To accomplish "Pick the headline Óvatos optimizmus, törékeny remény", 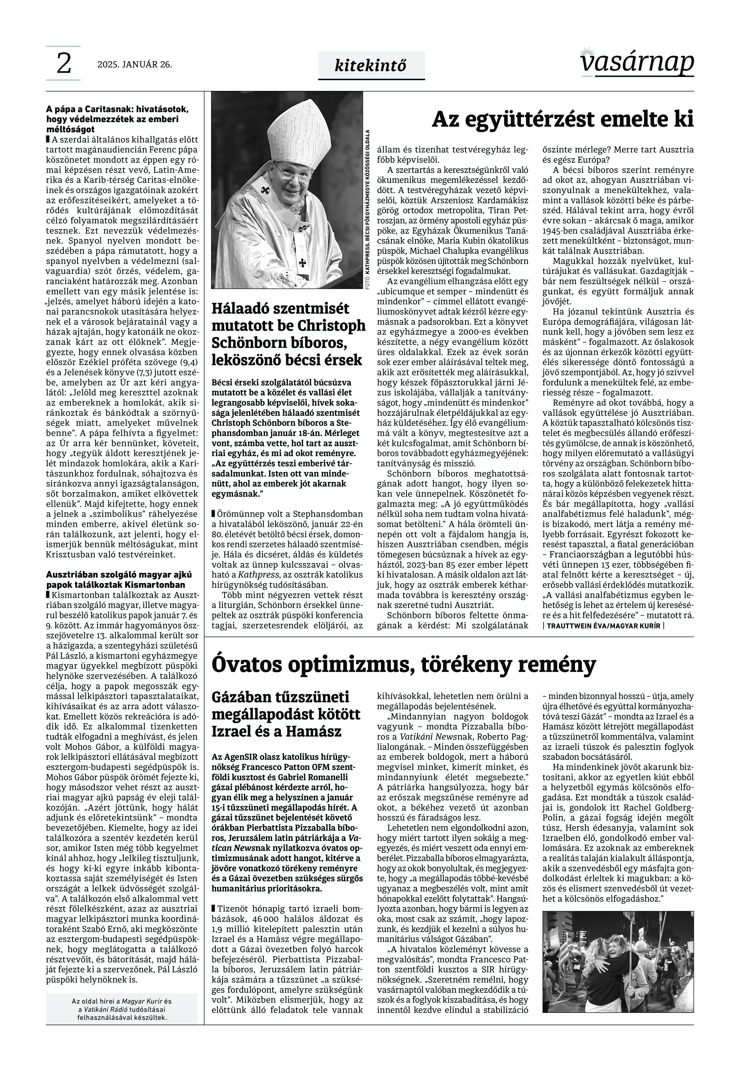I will pyautogui.click(x=403, y=664).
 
